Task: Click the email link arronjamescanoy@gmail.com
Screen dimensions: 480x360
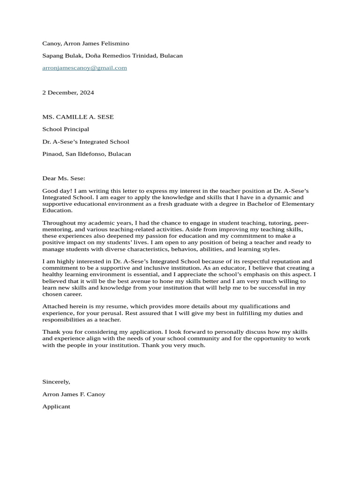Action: [84, 68]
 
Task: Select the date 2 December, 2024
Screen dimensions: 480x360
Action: [68, 93]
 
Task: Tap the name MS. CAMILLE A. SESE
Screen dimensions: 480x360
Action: [78, 117]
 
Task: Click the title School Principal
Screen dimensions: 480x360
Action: [66, 129]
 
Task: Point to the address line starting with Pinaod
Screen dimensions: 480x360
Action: [87, 154]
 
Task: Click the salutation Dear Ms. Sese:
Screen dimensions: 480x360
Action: [64, 179]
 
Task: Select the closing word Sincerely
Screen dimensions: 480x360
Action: [56, 382]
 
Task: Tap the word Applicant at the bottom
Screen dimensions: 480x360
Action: [56, 407]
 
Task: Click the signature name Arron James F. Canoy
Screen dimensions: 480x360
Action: [74, 394]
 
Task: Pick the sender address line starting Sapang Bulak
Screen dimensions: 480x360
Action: [112, 56]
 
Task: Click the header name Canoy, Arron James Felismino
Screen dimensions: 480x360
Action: [86, 44]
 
